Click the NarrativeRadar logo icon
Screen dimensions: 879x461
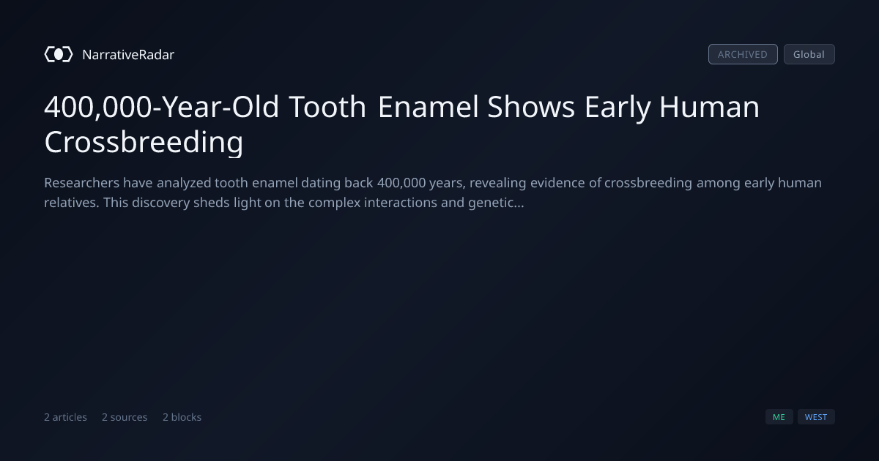[x=59, y=54]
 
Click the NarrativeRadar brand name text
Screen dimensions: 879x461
[x=128, y=55]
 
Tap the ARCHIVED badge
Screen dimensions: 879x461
[x=743, y=54]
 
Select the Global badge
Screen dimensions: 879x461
[x=809, y=54]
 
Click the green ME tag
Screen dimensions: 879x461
[x=779, y=417]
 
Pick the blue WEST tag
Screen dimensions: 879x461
[x=816, y=417]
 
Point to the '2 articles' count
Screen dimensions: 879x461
[x=65, y=417]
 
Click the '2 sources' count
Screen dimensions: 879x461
[x=125, y=417]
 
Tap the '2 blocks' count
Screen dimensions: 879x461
[x=182, y=417]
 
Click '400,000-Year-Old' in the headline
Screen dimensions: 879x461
[x=162, y=107]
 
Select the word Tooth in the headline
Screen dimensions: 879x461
[x=327, y=107]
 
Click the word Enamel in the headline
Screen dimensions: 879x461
[x=429, y=107]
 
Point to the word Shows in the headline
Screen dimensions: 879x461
[x=531, y=107]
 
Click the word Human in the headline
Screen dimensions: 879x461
[x=710, y=107]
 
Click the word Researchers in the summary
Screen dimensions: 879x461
[x=81, y=183]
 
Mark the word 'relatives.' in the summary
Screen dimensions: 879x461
[x=72, y=203]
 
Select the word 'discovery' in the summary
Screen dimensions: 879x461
[x=161, y=203]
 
